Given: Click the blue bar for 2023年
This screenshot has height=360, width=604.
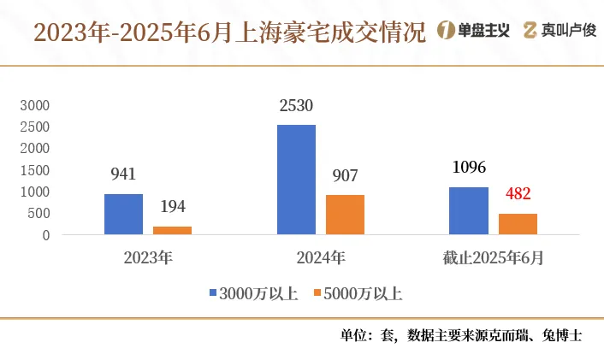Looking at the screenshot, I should point(123,214).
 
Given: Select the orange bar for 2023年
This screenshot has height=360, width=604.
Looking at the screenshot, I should point(172,230).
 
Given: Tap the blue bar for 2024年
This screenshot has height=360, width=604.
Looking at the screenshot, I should point(297,180).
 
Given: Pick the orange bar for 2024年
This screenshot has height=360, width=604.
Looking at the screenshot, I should point(345,215).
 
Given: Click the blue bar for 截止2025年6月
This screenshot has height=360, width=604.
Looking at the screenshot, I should point(469,210).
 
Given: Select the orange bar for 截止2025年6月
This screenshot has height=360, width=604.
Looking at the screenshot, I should point(518,224).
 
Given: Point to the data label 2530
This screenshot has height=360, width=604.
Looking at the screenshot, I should point(297,107).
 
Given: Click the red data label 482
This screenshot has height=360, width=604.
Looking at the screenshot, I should point(518,194).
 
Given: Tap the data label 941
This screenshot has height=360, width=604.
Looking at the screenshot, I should point(123,174).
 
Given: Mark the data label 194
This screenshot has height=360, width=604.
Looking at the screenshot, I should point(172,207).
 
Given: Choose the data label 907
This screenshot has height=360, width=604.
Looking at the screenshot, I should point(345,175).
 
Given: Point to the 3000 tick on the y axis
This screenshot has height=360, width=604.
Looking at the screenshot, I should point(36,105).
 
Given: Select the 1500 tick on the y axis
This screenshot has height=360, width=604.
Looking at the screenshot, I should point(36,170).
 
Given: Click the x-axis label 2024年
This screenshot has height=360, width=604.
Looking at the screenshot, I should point(321,256).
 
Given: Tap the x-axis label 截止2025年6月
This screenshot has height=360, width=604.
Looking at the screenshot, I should point(493,256).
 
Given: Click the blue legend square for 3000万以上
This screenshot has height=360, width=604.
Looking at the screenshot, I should point(214,293).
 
